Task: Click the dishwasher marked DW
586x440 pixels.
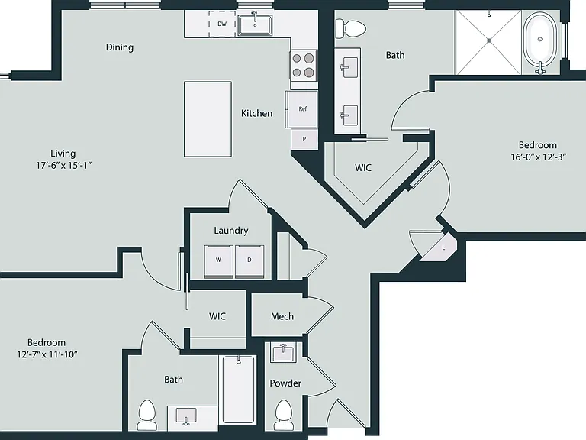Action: coord(222,24)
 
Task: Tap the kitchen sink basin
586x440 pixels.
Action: coord(256,25)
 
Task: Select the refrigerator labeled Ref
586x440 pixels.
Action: coord(302,109)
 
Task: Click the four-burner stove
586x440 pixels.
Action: coord(303,65)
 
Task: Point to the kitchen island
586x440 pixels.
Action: coord(208,119)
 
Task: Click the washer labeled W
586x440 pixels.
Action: coord(219,261)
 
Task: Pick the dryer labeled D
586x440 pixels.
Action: coord(250,261)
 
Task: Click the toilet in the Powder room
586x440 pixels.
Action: coord(284,415)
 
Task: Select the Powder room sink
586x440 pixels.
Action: coord(284,352)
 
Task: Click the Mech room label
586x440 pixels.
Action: coord(282,316)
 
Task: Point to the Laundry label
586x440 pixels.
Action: coord(231,231)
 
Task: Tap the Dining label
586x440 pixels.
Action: coord(120,47)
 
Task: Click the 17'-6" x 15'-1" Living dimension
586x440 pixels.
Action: coord(64,165)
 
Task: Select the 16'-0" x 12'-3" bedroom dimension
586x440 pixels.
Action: coord(539,157)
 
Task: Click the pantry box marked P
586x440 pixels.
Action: coord(304,139)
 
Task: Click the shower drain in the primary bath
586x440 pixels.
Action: coord(489,40)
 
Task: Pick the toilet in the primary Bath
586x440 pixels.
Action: coord(350,28)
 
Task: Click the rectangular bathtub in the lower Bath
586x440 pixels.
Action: coord(238,390)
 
